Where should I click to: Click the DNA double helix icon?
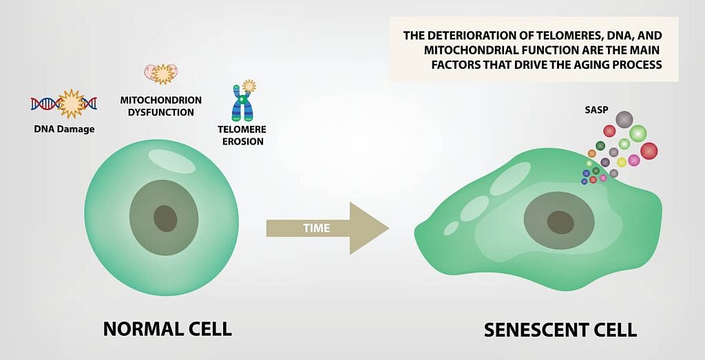(x=64, y=103)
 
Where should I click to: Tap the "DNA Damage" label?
(x=63, y=129)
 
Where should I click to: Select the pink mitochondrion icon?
(x=160, y=72)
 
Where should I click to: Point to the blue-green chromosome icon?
(x=242, y=103)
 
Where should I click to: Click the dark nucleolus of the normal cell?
(x=165, y=218)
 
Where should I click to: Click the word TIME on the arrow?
(x=317, y=228)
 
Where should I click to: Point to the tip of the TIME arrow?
(x=388, y=228)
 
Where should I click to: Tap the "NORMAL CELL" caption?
(x=167, y=328)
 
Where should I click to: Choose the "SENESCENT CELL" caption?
(x=560, y=329)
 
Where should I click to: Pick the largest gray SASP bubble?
(x=624, y=120)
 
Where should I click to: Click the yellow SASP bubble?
(x=622, y=162)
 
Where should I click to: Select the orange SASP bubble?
(x=591, y=153)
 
